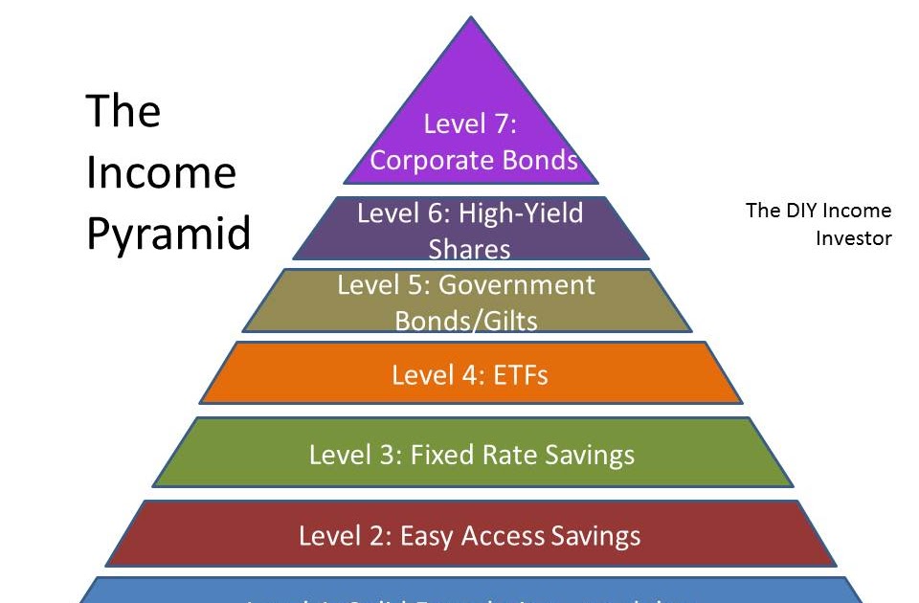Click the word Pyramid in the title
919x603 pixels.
tap(168, 234)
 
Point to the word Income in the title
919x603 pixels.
tap(161, 172)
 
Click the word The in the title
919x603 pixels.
tap(123, 112)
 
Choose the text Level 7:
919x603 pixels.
tap(470, 124)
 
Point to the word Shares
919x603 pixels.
tap(470, 249)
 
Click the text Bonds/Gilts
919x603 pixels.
tap(466, 321)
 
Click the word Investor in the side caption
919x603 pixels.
tap(854, 237)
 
